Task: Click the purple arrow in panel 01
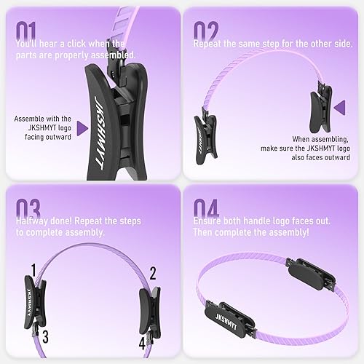tap(82, 128)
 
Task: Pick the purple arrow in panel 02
tap(340, 108)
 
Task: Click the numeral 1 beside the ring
tap(33, 271)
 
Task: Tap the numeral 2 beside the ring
tap(153, 274)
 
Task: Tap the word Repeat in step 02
tap(208, 44)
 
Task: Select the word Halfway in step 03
tap(33, 221)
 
